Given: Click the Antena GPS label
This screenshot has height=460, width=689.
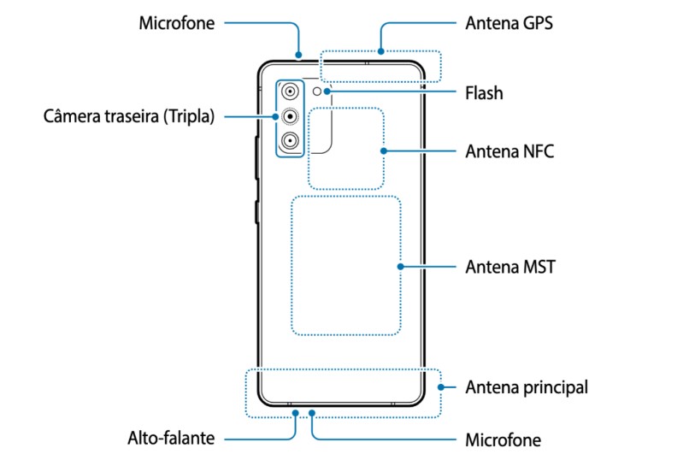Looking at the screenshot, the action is [509, 23].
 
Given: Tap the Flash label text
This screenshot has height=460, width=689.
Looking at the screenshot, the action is [484, 93].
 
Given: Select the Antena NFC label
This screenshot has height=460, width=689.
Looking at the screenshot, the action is [509, 151].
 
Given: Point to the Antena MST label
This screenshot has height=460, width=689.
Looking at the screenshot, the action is [510, 267].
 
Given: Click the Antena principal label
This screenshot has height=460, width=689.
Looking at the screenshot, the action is [527, 387].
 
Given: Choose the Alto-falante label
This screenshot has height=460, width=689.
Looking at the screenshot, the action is [171, 438].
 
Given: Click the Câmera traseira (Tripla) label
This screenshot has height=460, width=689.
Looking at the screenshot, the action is [129, 116].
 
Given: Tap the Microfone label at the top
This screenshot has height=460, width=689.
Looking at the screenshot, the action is [177, 23].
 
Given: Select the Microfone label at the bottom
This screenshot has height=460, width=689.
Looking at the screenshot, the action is [503, 439].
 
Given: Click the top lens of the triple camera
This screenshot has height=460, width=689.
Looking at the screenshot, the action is [290, 91].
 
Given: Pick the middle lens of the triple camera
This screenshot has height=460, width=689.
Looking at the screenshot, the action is [290, 116].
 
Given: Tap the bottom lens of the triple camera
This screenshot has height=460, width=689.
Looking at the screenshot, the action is [290, 140].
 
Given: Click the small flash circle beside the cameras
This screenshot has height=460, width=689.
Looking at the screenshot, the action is [317, 91].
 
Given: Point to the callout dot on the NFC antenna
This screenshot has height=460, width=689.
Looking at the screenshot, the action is [384, 151].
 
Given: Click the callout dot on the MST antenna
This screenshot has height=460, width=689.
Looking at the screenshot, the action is [400, 267].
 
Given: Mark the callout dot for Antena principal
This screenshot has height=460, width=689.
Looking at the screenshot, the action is [441, 387].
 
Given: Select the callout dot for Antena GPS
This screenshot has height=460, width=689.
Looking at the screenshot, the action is [381, 51].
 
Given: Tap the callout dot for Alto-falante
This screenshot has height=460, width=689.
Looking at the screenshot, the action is [296, 413].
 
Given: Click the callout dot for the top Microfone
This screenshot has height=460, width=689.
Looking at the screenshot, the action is [299, 55].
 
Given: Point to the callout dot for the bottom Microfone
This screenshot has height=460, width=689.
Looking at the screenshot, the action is [312, 413].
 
